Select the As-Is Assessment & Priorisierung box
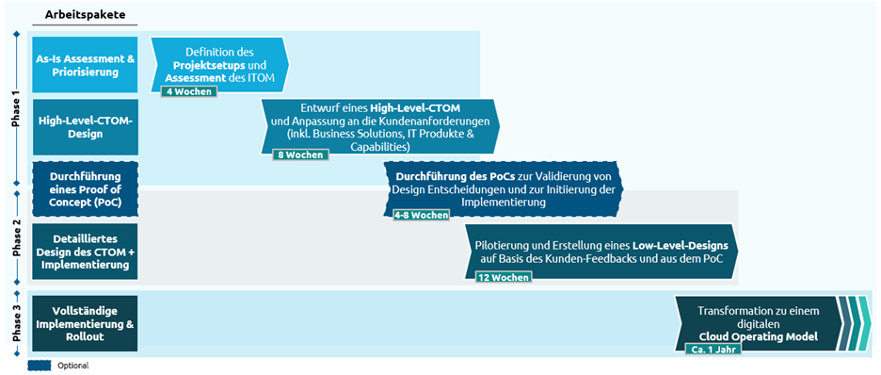(85, 64)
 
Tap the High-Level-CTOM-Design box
(85, 126)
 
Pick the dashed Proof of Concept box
(85, 188)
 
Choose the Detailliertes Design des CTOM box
(85, 252)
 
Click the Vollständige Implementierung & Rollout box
(85, 322)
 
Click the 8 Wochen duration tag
(298, 155)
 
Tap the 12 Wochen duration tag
(503, 277)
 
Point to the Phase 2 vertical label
(15, 239)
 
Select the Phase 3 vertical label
(15, 322)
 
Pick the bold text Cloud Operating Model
(758, 334)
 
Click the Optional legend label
(73, 366)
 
